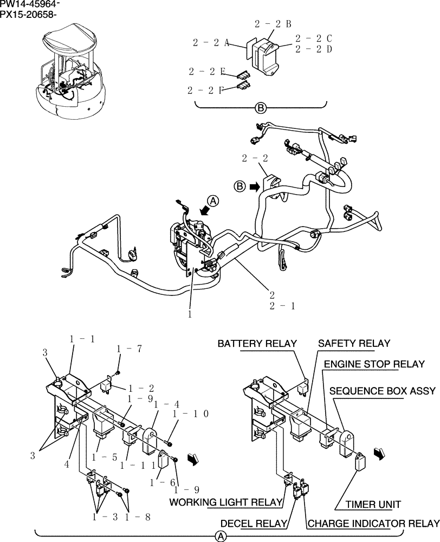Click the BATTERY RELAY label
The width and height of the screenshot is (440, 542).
click(x=257, y=344)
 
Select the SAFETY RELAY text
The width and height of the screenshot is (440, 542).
click(x=354, y=344)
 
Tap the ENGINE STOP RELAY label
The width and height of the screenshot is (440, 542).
click(x=374, y=364)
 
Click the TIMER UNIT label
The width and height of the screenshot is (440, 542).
click(x=367, y=504)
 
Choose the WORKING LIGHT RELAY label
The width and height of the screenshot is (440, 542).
click(x=226, y=502)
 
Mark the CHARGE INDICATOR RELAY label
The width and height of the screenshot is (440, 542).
click(x=373, y=523)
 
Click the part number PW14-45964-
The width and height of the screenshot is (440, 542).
click(x=30, y=5)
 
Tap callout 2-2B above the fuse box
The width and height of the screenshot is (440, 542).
click(x=273, y=24)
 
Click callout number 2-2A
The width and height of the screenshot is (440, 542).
click(x=211, y=42)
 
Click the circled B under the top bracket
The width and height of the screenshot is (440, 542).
click(x=261, y=108)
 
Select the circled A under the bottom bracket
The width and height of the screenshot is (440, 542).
click(x=221, y=536)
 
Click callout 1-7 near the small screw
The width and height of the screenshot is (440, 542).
click(x=130, y=349)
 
